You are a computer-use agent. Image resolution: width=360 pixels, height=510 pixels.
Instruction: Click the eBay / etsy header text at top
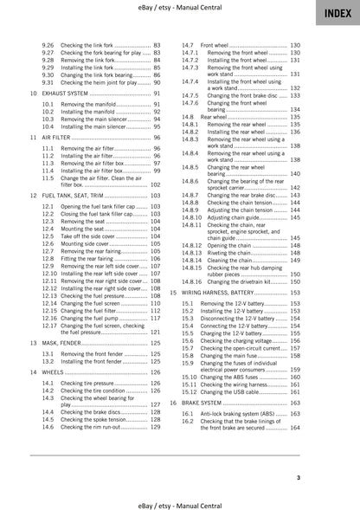coord(180,8)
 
